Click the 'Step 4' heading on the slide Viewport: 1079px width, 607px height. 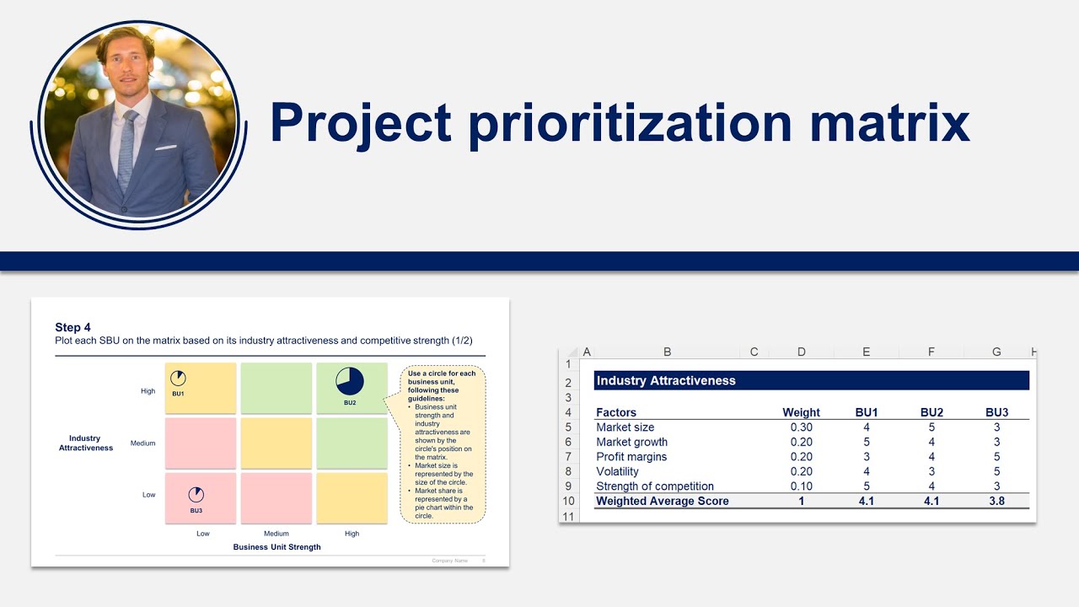coord(72,327)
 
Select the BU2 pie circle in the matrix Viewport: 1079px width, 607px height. coord(350,381)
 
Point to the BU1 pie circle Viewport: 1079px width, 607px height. coord(178,379)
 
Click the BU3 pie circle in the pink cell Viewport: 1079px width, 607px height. coord(196,495)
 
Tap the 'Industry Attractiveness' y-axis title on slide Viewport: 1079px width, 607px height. coord(85,443)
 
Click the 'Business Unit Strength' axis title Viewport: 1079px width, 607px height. coord(276,547)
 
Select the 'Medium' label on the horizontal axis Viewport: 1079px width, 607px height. coord(276,534)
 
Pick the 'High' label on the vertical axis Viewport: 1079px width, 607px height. coord(148,391)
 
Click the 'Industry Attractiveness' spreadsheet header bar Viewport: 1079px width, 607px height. coord(811,380)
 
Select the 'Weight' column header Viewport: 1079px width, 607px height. coord(801,412)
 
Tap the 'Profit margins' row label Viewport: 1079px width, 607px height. coord(631,457)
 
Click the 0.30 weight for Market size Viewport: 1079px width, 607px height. coord(801,427)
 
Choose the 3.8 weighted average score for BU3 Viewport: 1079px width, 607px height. coord(996,501)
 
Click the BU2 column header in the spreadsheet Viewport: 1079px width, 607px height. coord(931,412)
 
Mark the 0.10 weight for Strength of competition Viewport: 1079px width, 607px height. coord(801,486)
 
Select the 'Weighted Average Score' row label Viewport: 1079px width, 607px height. coord(663,501)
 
